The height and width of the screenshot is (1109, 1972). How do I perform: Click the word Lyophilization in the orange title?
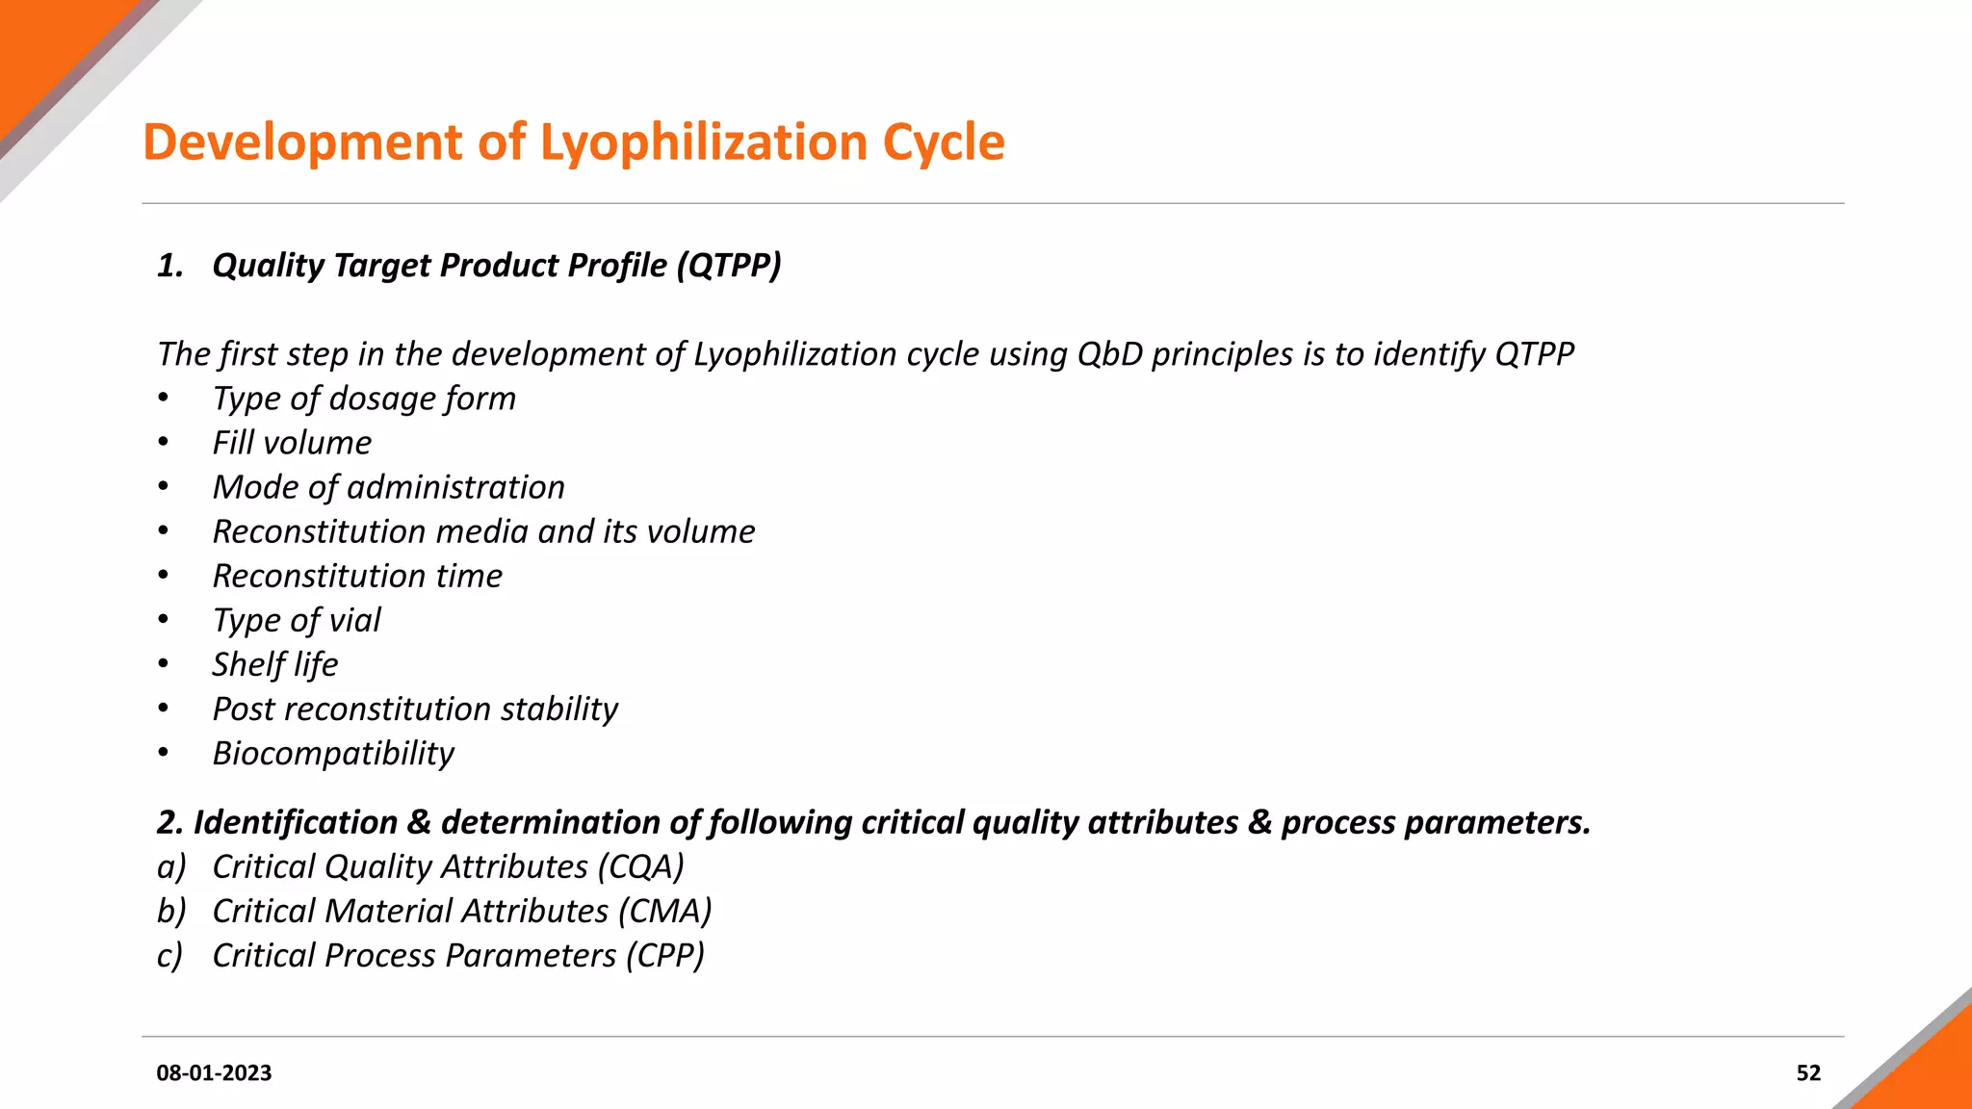coord(703,142)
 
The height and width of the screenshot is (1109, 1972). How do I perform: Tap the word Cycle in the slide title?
coord(944,142)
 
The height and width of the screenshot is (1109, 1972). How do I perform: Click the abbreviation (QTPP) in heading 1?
coord(728,265)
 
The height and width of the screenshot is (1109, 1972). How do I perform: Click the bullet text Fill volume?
coord(292,443)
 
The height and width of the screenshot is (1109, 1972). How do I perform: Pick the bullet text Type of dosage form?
coord(364,399)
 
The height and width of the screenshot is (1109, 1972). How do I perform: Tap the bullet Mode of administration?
coord(388,487)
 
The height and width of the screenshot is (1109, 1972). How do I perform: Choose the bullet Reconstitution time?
coord(357,576)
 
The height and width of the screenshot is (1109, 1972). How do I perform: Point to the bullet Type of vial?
coord(297,620)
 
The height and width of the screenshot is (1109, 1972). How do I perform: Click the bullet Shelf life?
coord(275,664)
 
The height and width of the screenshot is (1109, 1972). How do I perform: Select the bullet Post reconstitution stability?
coord(415,709)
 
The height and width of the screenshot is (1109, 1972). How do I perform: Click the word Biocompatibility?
coord(333,753)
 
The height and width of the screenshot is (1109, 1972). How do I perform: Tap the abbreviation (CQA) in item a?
coord(640,866)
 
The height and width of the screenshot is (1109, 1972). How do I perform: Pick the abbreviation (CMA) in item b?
coord(665,911)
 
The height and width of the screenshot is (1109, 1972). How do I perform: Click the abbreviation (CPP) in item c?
coord(664,955)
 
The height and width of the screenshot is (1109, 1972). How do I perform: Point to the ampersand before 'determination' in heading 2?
coord(419,822)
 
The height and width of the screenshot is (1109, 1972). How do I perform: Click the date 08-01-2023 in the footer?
coord(214,1072)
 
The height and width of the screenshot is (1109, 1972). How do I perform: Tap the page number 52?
coord(1808,1072)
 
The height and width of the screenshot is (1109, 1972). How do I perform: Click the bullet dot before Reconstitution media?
coord(164,531)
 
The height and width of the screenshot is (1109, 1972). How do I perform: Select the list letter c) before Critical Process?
coord(169,955)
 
